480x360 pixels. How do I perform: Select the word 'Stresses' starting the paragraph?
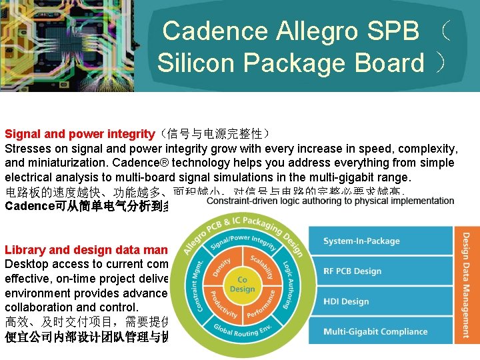pos(28,148)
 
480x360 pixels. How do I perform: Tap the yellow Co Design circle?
pos(242,285)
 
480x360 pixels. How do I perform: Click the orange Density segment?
pos(223,262)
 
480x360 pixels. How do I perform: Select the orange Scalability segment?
pos(263,263)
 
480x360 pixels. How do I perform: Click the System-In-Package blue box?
pos(380,241)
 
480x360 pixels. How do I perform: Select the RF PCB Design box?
pos(380,271)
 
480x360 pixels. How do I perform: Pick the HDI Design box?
pos(380,301)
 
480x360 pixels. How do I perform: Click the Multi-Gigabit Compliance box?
pos(380,331)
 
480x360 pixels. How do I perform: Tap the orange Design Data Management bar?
pos(466,283)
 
